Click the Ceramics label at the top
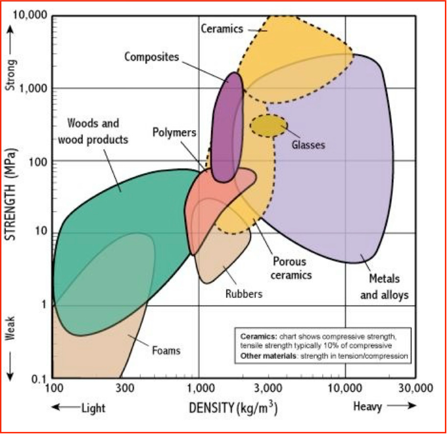pyautogui.click(x=222, y=28)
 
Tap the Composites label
pyautogui.click(x=151, y=57)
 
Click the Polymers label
pyautogui.click(x=174, y=132)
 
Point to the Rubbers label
pyautogui.click(x=243, y=293)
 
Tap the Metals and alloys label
pyautogui.click(x=384, y=287)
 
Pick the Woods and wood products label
pyautogui.click(x=93, y=131)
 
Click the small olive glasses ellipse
pyautogui.click(x=268, y=125)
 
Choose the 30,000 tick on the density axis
pyautogui.click(x=415, y=388)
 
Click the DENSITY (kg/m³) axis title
pyautogui.click(x=233, y=407)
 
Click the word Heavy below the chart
pyautogui.click(x=367, y=407)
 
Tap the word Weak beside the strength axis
pyautogui.click(x=11, y=326)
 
